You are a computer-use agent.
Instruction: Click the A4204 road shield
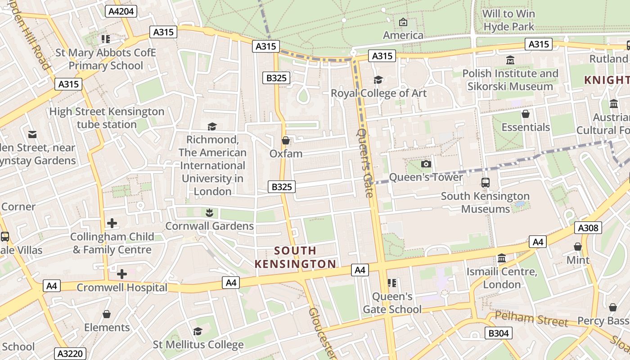coord(121,11)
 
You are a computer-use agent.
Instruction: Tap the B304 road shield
coord(498,333)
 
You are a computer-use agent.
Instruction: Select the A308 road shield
coord(588,228)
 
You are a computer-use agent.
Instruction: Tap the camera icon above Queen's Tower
coord(426,164)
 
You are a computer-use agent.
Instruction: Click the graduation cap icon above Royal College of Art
coord(378,80)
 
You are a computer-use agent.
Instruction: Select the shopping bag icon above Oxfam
coord(285,141)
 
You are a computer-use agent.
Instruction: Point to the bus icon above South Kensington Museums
coord(485,183)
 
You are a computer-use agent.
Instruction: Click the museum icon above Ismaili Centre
coord(502,258)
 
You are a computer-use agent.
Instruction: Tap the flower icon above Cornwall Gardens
coord(209,212)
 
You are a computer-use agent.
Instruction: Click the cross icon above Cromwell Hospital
coord(121,274)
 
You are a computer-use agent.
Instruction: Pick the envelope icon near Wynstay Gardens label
coord(32,135)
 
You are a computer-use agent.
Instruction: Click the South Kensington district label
coord(295,257)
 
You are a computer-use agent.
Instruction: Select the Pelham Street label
coord(531,319)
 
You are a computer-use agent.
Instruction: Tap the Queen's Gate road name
coord(365,163)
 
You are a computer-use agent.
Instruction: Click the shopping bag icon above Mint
coord(578,247)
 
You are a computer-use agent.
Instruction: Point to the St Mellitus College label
coord(198,345)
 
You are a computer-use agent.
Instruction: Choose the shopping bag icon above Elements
coord(107,314)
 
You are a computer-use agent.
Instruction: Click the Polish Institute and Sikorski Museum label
coord(510,80)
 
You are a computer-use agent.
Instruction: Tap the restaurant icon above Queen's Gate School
coord(392,283)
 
